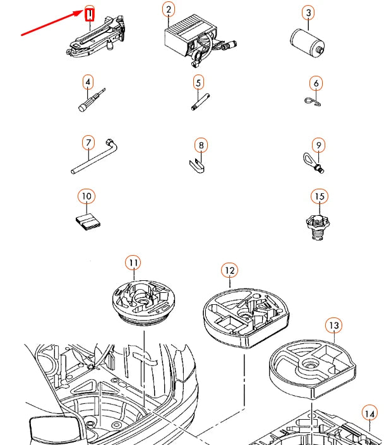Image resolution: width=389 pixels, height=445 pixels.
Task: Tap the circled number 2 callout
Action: pos(169,9)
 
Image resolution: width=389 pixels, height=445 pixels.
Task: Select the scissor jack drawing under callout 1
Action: pos(96,37)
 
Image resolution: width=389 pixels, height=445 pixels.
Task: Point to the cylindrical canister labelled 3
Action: pos(308,42)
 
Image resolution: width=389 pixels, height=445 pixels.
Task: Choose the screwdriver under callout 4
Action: pos(92,100)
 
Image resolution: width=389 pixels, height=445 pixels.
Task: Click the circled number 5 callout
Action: pos(198,82)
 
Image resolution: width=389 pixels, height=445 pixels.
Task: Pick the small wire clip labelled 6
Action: pos(313,102)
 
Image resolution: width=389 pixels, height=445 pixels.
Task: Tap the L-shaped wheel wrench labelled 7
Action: pos(94,157)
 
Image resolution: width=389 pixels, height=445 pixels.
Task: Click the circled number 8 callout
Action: pos(201,145)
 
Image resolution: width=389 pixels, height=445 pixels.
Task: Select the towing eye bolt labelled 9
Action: pos(313,163)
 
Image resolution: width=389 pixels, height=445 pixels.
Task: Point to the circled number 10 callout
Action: pos(87,196)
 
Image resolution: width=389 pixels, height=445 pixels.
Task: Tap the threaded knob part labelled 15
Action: pos(318,227)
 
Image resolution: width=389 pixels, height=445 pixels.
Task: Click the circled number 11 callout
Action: pos(133,263)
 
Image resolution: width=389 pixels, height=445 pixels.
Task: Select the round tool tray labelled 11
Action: pos(144,302)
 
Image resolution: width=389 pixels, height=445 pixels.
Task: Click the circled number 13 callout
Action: pos(333,325)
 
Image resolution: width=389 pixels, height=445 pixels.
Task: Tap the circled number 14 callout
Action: pos(369,413)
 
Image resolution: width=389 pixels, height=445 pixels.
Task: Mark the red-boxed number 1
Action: pos(90,15)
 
